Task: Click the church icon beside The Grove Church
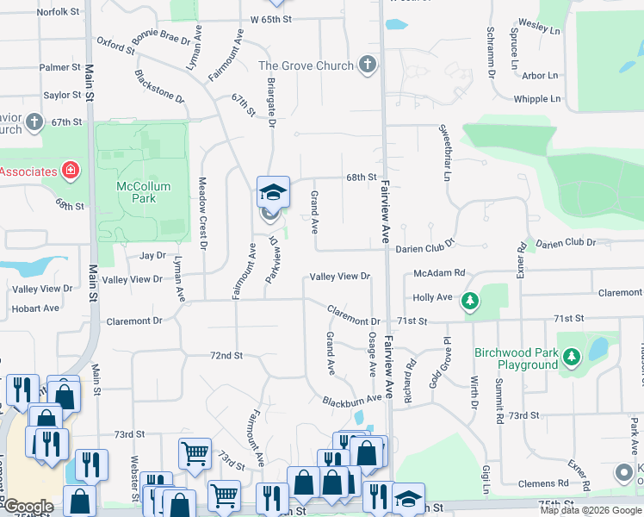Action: click(368, 65)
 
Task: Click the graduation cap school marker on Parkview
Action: click(273, 192)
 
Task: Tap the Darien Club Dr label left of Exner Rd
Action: click(424, 248)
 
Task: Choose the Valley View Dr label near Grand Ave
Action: click(340, 277)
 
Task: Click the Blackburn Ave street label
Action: click(351, 400)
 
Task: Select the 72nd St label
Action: click(226, 355)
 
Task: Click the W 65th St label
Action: click(278, 18)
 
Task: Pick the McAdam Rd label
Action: click(439, 273)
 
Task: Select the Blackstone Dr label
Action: click(160, 86)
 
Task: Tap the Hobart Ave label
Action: click(36, 308)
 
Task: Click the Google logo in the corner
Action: click(28, 507)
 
